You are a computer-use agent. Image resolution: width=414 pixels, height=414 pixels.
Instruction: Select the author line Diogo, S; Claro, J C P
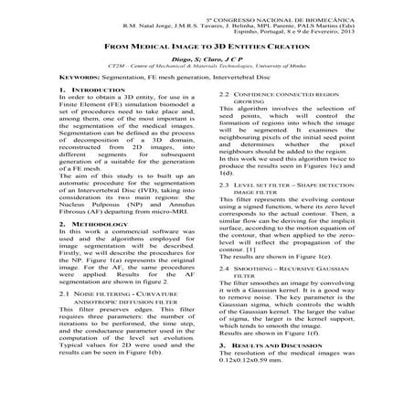207,58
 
